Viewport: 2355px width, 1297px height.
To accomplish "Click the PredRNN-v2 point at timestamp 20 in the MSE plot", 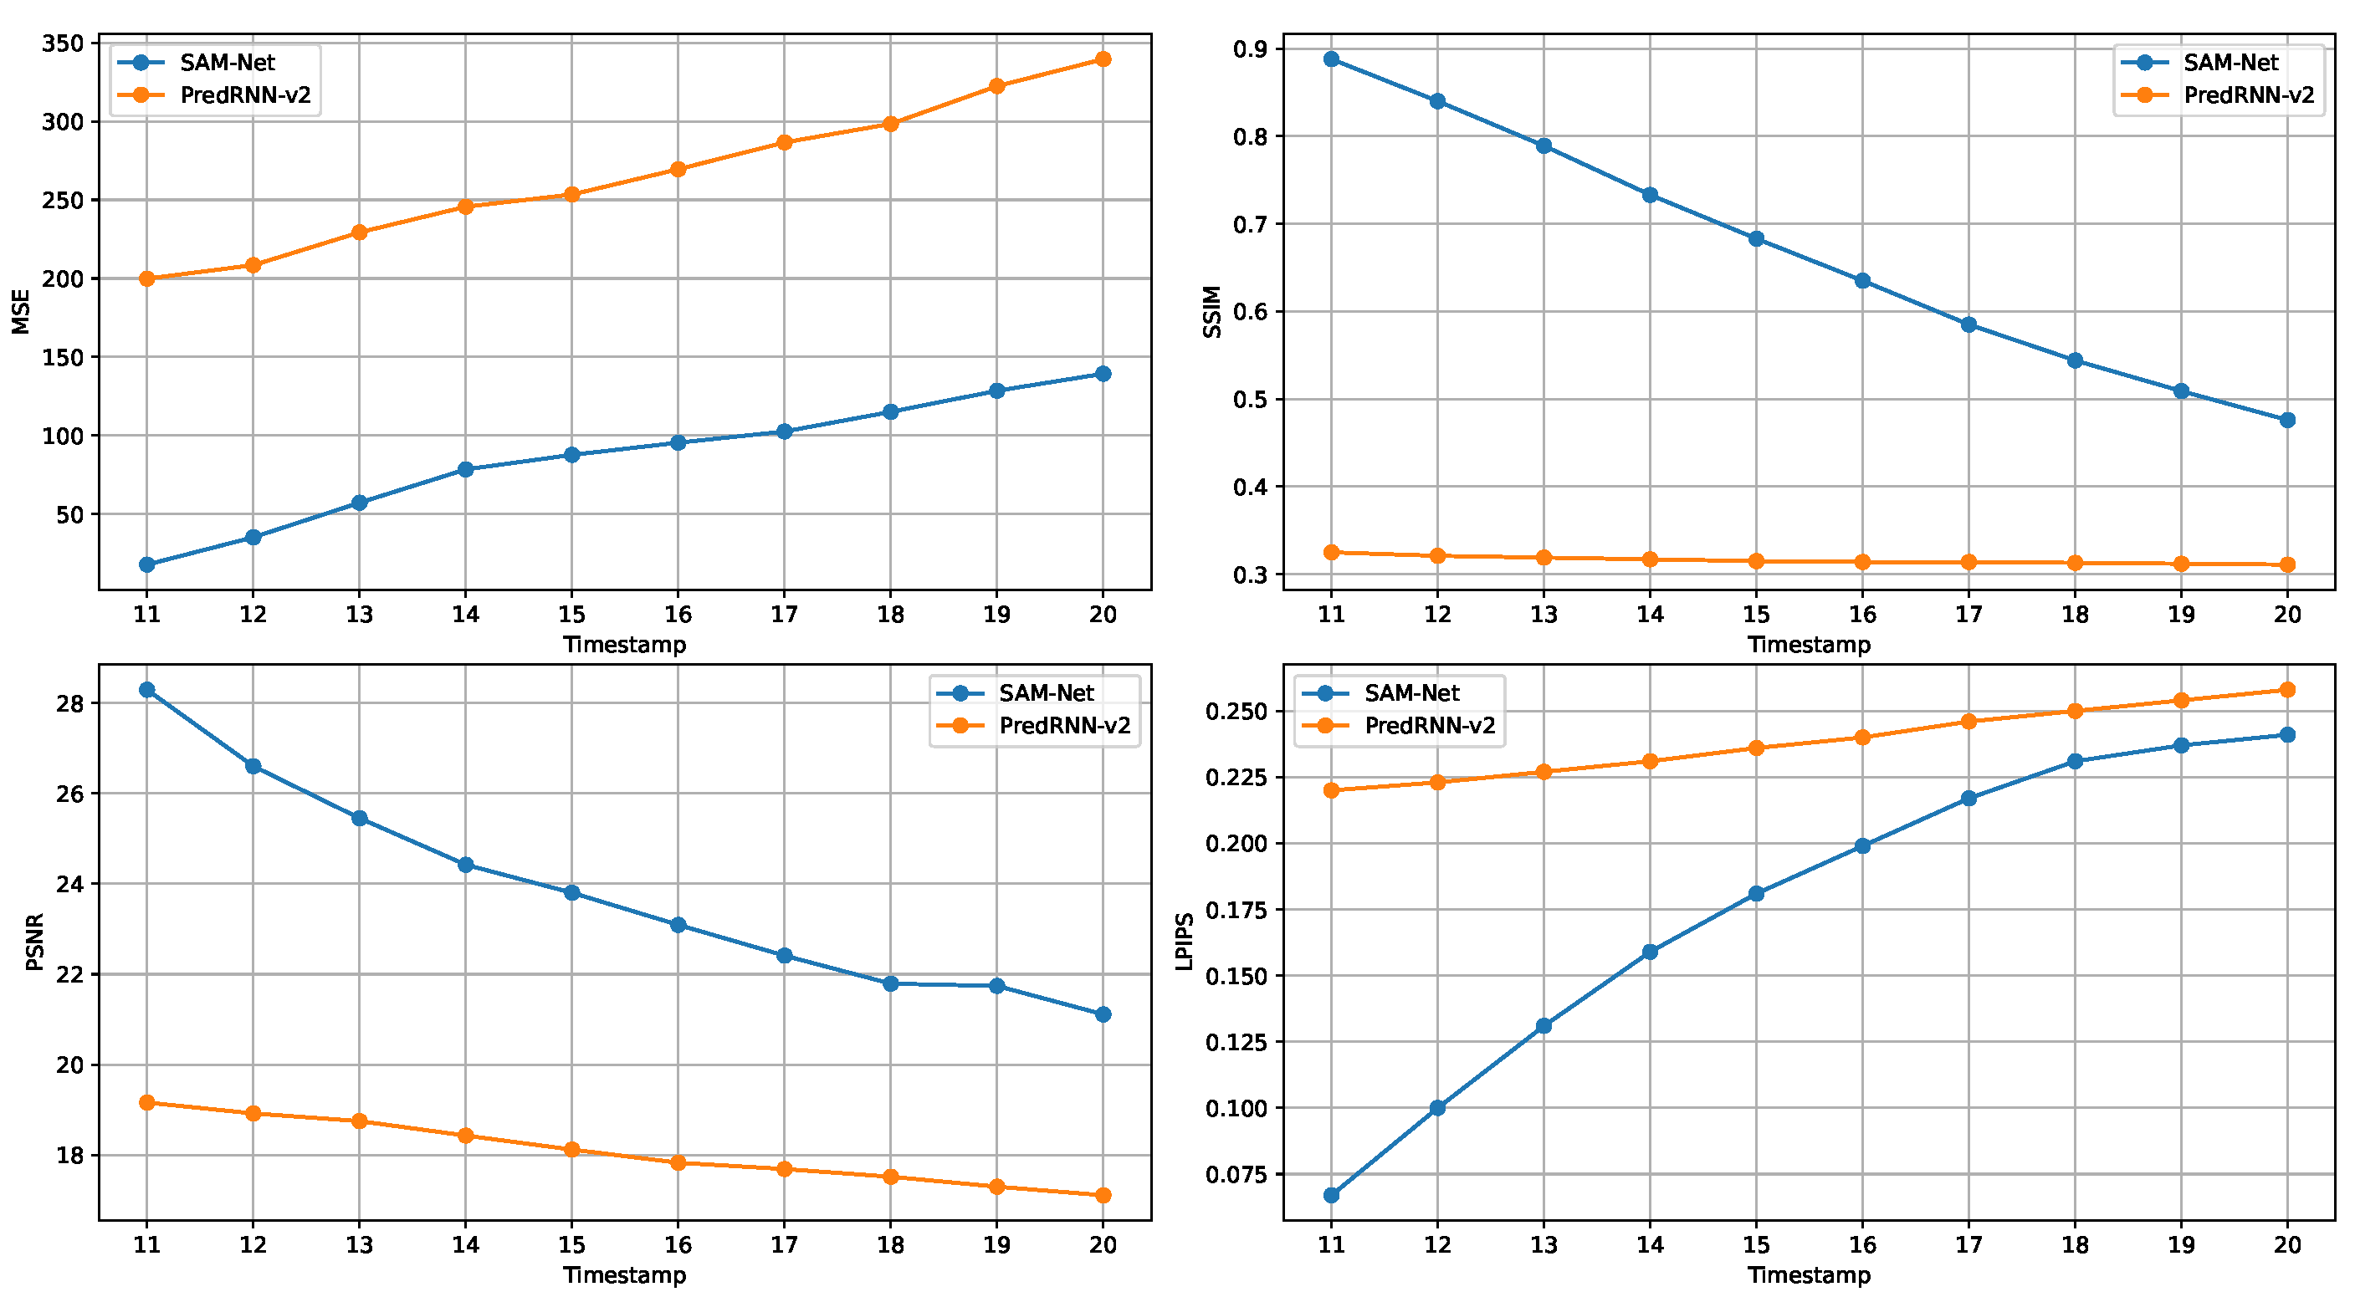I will tap(1103, 59).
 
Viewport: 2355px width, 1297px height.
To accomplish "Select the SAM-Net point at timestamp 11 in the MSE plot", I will tap(147, 564).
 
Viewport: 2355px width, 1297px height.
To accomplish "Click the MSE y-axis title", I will tap(21, 312).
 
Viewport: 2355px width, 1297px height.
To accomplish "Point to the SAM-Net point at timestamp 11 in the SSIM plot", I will tap(1331, 59).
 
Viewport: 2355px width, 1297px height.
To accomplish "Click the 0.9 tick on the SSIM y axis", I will tap(1251, 49).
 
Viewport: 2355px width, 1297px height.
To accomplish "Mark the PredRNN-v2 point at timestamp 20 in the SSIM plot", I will tap(2287, 564).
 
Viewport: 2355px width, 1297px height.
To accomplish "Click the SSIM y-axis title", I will tap(1212, 312).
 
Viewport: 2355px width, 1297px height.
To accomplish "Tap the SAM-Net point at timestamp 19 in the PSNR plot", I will tap(996, 986).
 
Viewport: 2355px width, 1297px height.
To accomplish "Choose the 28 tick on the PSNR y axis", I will tap(69, 704).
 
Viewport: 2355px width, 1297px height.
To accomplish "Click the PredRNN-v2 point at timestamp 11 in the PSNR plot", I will tap(147, 1103).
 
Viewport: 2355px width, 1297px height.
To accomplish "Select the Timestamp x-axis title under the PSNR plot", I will tap(624, 1275).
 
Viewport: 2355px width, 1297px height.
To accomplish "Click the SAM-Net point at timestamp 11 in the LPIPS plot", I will tap(1331, 1196).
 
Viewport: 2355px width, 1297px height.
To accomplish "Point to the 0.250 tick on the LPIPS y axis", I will tap(1235, 712).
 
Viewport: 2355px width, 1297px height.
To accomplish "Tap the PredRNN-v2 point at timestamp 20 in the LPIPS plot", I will tap(2287, 690).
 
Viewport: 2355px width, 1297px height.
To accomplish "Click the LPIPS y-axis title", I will tap(1185, 942).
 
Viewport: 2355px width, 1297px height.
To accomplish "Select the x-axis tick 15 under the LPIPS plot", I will tap(1756, 1245).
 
